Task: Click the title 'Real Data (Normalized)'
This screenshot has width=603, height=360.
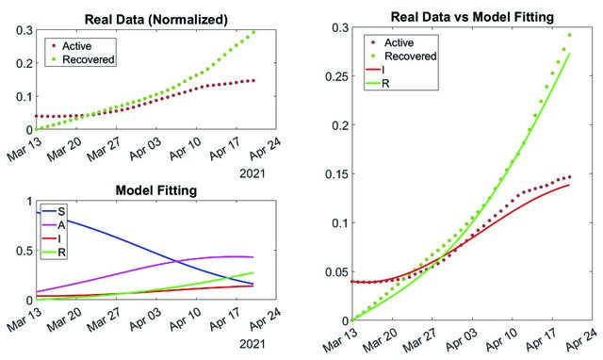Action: pos(155,19)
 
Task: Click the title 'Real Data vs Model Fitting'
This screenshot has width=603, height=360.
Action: pos(472,17)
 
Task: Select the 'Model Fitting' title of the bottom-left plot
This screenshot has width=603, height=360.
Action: pos(156,190)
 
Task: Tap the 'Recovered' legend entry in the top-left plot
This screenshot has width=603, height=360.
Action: pos(88,59)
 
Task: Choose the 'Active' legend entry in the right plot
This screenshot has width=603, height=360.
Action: pos(399,42)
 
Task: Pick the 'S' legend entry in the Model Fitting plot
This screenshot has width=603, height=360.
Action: pos(61,211)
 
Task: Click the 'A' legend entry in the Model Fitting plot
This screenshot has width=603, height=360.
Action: pos(61,225)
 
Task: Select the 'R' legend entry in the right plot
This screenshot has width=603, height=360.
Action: pos(385,83)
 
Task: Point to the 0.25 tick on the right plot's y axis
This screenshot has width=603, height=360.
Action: pos(337,76)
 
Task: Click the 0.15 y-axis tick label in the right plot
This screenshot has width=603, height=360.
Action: pos(337,173)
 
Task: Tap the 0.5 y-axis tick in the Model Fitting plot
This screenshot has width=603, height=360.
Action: pos(24,251)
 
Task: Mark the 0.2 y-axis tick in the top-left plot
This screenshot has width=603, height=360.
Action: pos(24,63)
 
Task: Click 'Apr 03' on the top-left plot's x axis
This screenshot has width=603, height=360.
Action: pos(146,149)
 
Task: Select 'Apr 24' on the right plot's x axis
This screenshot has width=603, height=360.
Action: pos(581,339)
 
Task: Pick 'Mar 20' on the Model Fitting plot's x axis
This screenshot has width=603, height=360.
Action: pos(65,319)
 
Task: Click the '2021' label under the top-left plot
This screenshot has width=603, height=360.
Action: pos(253,173)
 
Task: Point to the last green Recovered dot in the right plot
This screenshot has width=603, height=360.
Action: pos(569,35)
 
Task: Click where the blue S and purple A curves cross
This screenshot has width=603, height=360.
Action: pos(176,262)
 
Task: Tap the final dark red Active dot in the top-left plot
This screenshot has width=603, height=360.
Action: pos(253,80)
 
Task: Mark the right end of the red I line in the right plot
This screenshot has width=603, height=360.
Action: pos(569,185)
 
